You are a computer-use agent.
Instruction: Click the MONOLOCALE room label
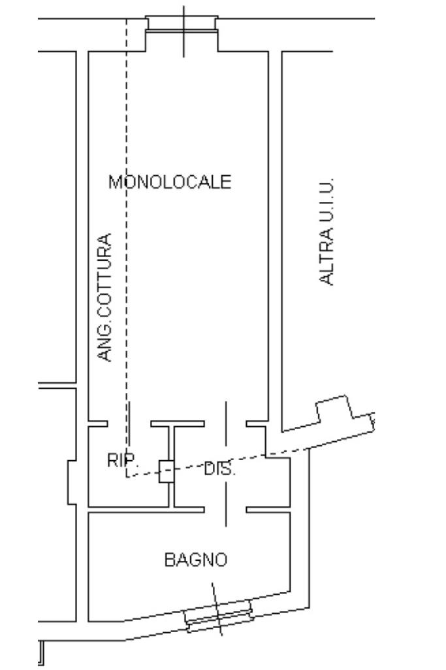pos(170,181)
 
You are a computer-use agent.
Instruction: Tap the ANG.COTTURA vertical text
pos(104,297)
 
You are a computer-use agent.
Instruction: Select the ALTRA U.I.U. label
pos(327,231)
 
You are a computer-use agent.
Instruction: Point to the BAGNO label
pos(195,560)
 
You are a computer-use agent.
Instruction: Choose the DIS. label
pos(219,469)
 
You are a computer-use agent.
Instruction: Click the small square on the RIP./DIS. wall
pos(167,471)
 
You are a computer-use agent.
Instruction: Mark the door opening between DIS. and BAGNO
pos(225,509)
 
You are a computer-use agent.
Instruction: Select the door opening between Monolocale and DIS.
pos(225,424)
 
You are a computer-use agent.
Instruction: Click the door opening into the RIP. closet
pos(129,424)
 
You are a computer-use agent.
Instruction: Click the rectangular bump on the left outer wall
pos(72,482)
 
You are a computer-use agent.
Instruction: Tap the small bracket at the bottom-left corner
pos(41,652)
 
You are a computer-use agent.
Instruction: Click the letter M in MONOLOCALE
pos(116,181)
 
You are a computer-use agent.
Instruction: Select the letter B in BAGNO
pos(169,560)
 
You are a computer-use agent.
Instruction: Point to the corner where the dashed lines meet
pos(127,477)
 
